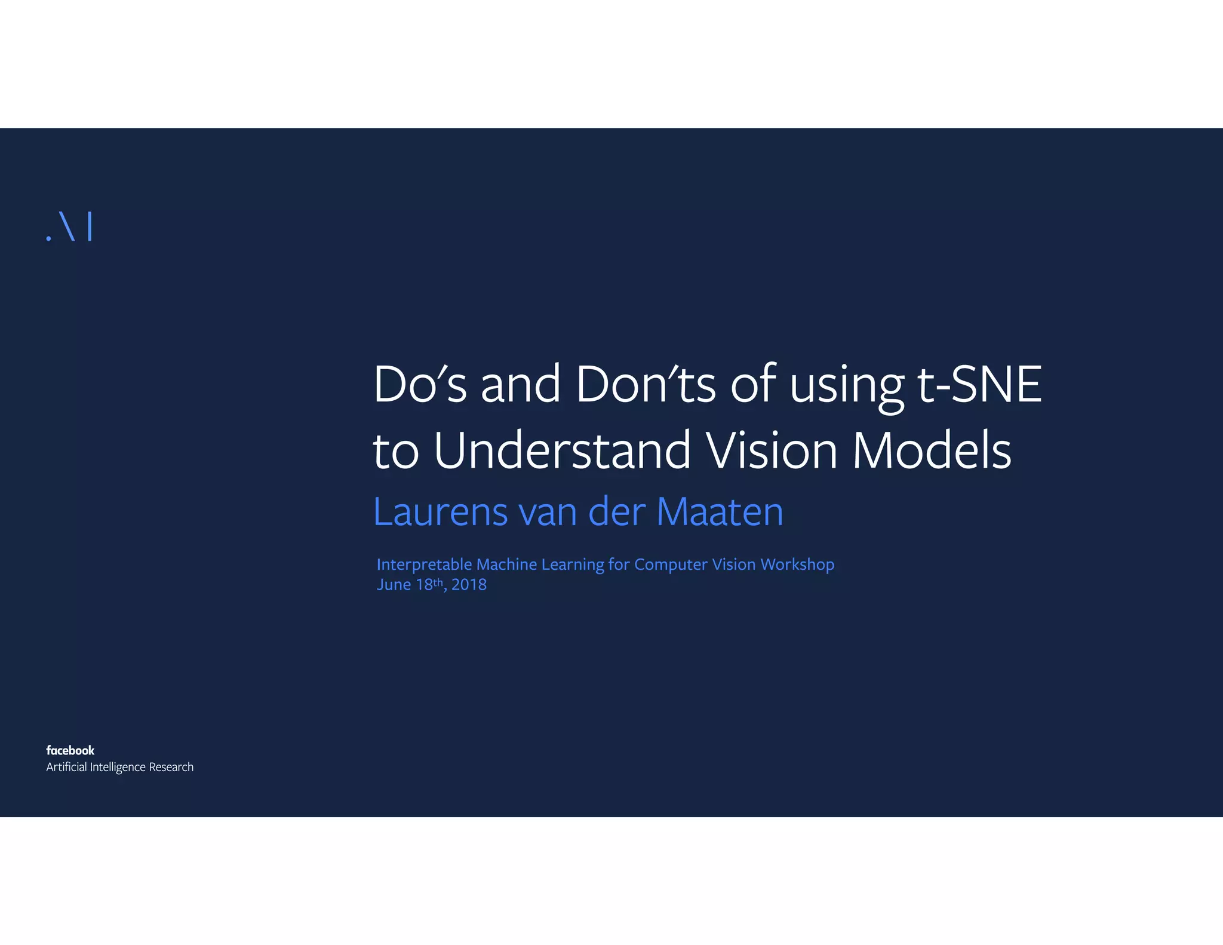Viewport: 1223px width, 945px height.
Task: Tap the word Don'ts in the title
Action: pos(645,385)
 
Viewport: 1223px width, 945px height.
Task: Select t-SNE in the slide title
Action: pos(979,385)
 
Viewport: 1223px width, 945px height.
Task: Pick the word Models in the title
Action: pos(932,450)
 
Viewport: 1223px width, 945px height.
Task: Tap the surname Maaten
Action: pos(720,513)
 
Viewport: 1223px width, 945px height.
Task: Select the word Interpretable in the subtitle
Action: pos(424,564)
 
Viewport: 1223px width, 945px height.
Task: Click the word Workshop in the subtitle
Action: pos(797,564)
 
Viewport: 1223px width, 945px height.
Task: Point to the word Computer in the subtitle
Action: pos(671,564)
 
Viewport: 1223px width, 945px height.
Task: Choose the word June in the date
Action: pos(394,585)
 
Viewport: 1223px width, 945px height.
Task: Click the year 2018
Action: pos(469,585)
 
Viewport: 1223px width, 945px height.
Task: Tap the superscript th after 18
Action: pos(438,581)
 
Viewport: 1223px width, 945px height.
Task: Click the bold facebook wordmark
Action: pos(70,750)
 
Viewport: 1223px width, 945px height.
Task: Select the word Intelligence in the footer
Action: pos(117,767)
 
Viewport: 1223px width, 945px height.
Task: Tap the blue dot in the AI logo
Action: pos(49,238)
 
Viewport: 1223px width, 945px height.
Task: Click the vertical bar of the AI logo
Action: pos(90,226)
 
